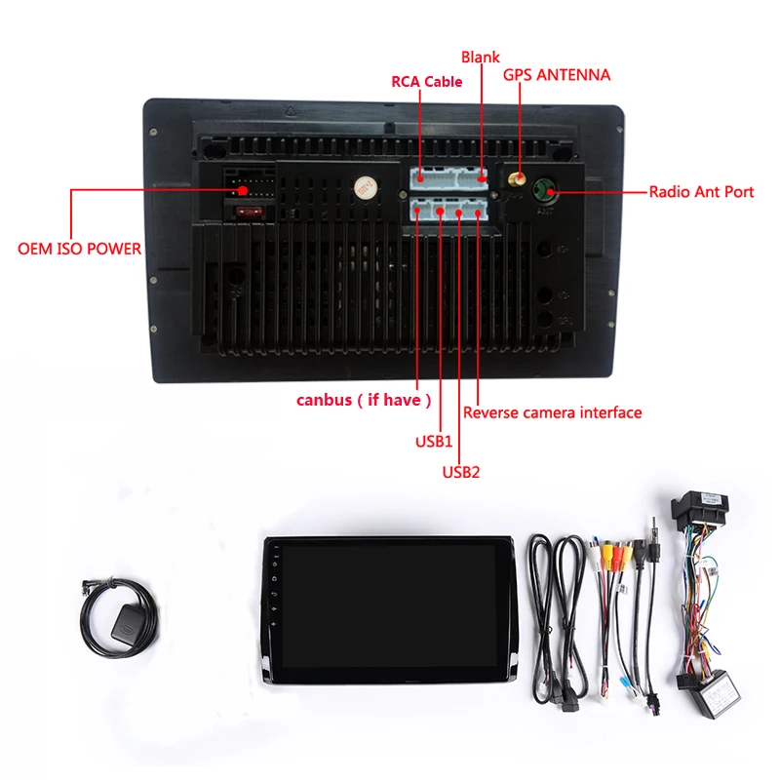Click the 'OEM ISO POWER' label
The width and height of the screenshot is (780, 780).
79,249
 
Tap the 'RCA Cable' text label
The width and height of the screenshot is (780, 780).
427,82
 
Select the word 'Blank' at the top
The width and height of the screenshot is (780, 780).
480,58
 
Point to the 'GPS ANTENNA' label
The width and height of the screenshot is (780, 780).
557,74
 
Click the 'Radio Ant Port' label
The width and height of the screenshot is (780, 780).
701,192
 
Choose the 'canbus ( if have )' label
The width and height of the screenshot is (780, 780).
364,400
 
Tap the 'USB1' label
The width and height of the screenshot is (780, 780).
434,441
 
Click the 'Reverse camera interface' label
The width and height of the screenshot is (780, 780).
553,412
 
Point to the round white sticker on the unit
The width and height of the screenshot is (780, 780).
365,187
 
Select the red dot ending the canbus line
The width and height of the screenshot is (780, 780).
418,210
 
